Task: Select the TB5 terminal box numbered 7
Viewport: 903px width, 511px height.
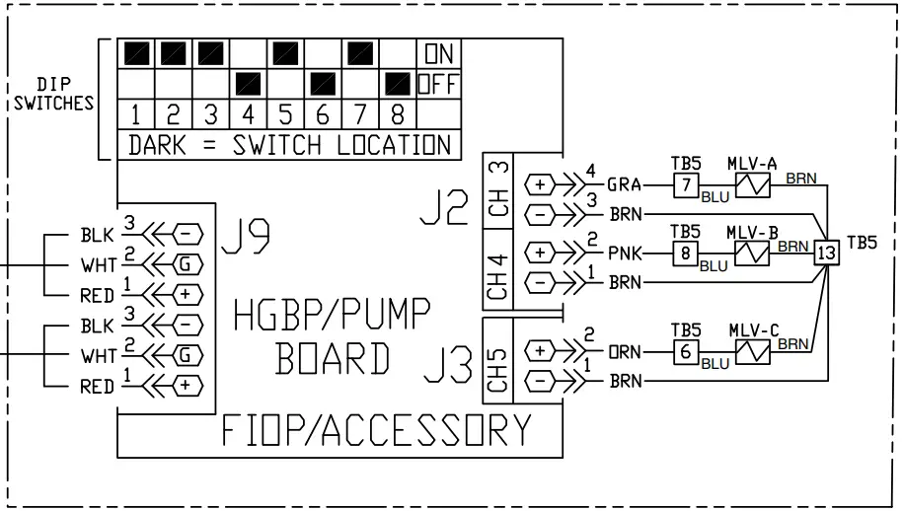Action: point(686,183)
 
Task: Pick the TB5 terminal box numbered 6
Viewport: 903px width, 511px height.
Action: point(686,351)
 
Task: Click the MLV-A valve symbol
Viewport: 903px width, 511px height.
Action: point(753,183)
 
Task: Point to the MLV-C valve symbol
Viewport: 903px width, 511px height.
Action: point(753,351)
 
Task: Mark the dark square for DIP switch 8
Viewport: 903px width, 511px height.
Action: point(398,83)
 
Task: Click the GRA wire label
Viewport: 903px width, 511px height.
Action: point(624,184)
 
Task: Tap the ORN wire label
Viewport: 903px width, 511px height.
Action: point(624,351)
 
